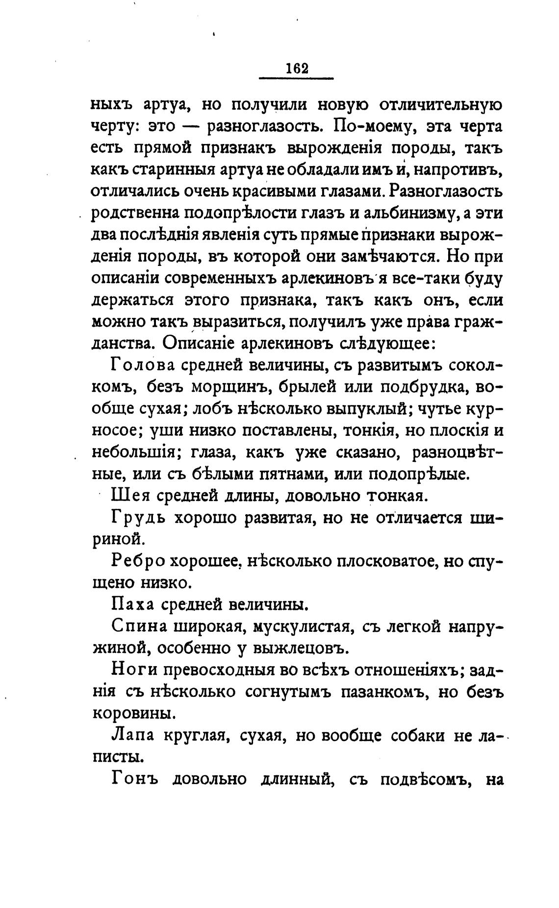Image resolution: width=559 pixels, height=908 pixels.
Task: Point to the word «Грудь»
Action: pos(138,519)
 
